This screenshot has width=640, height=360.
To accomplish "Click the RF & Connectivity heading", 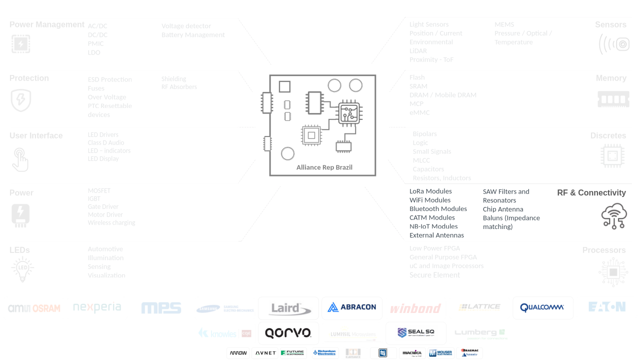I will coord(591,193).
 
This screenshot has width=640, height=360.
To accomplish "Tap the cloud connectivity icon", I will coord(614,216).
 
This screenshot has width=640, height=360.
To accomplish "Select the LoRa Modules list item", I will coord(430,191).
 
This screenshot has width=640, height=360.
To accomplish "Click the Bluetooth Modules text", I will coord(438,209).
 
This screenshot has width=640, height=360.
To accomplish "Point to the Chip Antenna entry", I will coord(503,209).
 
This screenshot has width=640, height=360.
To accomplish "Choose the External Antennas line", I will coord(436,235).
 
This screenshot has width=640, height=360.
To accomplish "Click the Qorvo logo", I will coord(288,333).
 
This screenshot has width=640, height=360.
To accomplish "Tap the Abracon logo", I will coord(352,307).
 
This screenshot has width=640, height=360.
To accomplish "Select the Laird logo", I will coord(288,308).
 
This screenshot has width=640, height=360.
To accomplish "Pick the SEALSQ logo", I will coord(415,332).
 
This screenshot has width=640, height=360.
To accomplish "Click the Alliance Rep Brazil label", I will coord(324,167).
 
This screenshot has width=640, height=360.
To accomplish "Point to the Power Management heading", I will coord(47,25).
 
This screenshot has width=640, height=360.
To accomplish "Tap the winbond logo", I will coord(415,308).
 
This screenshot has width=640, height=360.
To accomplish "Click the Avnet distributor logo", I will coord(265,353).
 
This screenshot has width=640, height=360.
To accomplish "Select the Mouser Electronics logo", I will coord(440,353).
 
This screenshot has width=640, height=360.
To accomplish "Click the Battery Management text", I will coord(193,35).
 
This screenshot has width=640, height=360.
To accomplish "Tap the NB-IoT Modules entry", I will coord(433,226).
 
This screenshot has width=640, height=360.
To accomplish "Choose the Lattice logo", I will coord(479,307).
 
